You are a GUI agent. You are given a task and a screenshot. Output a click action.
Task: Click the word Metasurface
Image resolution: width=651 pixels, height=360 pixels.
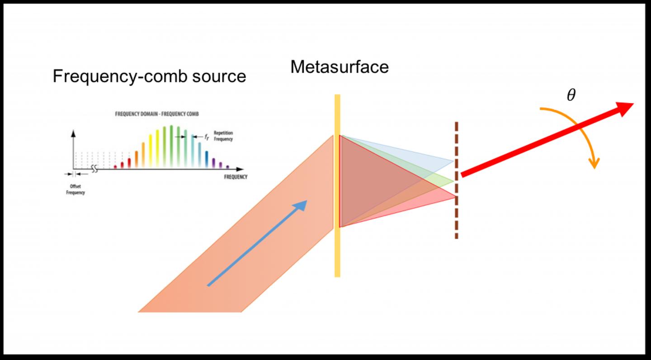click(x=339, y=67)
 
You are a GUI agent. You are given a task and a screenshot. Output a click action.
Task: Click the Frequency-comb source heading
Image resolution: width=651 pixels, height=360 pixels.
click(x=149, y=76)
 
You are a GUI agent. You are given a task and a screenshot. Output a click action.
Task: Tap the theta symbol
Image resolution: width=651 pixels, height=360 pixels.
click(x=571, y=95)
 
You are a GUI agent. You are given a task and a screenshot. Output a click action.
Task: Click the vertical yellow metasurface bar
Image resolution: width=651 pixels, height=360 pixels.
click(x=337, y=253)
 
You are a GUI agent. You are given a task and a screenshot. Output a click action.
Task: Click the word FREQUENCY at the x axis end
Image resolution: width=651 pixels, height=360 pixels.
click(x=236, y=177)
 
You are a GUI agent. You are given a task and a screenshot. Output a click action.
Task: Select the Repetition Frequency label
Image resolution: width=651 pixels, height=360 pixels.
click(x=223, y=136)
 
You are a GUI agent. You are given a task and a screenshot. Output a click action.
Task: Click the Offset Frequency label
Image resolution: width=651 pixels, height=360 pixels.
click(x=75, y=189)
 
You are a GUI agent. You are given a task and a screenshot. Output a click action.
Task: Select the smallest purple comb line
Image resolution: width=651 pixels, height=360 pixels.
click(x=227, y=167)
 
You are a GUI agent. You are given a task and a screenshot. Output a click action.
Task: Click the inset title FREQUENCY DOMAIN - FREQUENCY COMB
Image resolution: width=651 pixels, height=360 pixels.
click(x=157, y=114)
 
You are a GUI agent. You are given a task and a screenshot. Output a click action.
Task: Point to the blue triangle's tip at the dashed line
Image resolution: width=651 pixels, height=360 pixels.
click(x=453, y=161)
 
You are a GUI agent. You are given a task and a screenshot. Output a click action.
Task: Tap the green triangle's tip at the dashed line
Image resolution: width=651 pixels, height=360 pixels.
click(x=453, y=181)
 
